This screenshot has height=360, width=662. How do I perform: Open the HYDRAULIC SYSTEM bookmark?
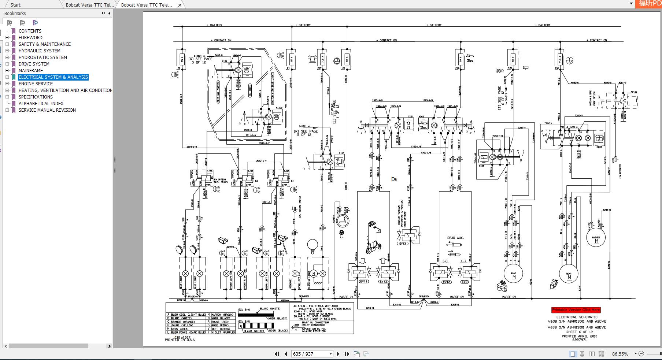coord(39,51)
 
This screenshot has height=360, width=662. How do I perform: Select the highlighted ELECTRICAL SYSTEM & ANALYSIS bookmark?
coord(53,77)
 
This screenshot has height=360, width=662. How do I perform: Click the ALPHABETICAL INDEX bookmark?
coord(41,103)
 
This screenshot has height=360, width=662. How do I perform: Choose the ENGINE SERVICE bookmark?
coord(36,83)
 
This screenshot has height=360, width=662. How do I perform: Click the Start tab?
coord(15,5)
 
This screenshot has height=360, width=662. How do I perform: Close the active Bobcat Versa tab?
coord(180,5)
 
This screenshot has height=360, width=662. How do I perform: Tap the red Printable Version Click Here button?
coord(576,310)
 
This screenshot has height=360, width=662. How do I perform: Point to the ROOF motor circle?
coord(513,273)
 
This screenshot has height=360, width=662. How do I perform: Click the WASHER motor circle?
coord(596,238)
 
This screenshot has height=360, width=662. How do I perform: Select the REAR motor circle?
coord(569,274)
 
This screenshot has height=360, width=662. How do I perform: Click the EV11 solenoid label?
coord(364,281)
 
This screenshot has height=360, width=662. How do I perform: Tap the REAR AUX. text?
coord(455,238)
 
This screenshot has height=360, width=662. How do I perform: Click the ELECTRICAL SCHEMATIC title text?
coord(577,317)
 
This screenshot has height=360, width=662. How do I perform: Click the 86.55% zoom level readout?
coord(620,354)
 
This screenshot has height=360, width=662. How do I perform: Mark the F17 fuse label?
coord(319,68)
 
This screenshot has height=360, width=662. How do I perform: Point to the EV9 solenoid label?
coord(465,282)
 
